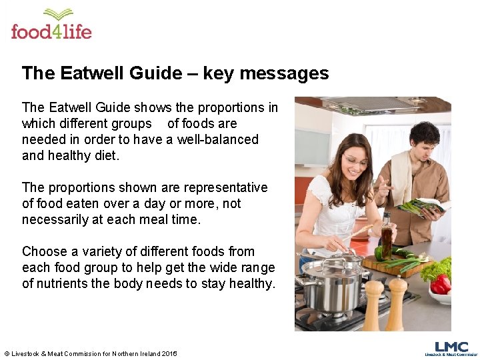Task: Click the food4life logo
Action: click(51, 25)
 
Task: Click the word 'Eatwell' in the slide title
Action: click(91, 73)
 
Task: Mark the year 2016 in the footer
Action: click(169, 353)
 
